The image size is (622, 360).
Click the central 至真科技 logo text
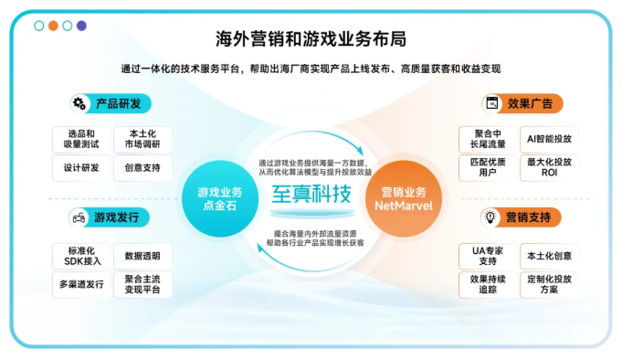pos(311,195)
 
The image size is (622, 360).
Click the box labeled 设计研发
pos(80,168)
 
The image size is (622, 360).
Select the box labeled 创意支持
pos(142,168)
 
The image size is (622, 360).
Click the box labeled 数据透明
pos(142,257)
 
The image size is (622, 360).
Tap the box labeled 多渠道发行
pos(80,283)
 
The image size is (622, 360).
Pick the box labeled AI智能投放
pos(549,139)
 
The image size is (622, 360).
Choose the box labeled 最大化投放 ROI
pos(549,167)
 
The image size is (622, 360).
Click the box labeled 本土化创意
pos(549,257)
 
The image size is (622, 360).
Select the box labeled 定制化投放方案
pos(549,284)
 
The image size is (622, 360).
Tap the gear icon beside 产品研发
pos(79,103)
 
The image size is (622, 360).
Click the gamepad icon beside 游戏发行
pos(79,217)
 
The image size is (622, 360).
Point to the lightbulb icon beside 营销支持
pos(490,217)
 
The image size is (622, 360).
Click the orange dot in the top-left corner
pos(52,26)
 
